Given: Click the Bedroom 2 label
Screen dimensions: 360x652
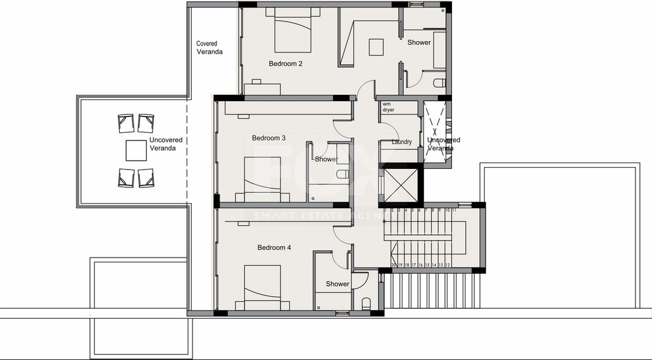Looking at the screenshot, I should (x=285, y=63).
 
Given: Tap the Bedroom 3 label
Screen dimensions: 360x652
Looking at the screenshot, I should (x=268, y=138).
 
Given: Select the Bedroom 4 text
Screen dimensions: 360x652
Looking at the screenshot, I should (x=274, y=247).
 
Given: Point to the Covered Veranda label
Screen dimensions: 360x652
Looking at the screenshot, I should (x=210, y=48).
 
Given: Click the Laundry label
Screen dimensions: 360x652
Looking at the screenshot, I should (x=402, y=142).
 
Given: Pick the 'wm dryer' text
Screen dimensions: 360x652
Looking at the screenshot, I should (x=388, y=106).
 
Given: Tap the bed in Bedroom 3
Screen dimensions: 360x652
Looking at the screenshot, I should (x=266, y=180).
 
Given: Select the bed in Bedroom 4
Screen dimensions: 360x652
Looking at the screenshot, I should (x=262, y=287).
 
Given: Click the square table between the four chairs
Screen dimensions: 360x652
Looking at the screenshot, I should (x=136, y=151).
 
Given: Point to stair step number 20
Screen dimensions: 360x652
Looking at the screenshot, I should (x=393, y=264).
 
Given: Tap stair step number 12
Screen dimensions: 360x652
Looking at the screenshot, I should (x=448, y=264).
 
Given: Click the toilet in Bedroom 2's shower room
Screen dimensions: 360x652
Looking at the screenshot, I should (x=439, y=82).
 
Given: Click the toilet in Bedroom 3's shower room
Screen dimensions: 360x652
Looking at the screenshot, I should (x=342, y=174).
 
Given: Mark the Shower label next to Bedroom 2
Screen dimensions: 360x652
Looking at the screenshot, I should (x=418, y=42).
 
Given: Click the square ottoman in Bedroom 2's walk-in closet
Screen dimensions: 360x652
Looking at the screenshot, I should (x=377, y=47).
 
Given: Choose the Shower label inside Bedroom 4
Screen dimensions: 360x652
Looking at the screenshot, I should (x=337, y=284).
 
